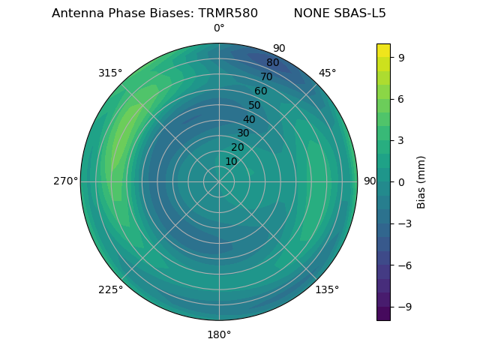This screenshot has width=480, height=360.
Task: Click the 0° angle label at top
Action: click(219, 28)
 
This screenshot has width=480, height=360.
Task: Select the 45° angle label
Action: click(327, 73)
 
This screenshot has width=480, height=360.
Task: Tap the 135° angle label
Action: click(327, 289)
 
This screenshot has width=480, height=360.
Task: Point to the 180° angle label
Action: click(219, 334)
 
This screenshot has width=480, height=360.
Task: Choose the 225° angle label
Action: click(110, 289)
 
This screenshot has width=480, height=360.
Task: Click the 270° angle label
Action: click(65, 181)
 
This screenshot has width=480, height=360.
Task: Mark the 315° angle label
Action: click(110, 73)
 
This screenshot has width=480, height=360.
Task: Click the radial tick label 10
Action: click(231, 161)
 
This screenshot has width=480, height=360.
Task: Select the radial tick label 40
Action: click(249, 119)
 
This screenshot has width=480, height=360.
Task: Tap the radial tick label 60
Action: click(261, 91)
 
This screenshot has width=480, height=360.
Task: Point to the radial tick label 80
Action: click(273, 63)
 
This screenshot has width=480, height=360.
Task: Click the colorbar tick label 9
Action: click(402, 57)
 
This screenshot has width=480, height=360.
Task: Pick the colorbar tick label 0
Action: click(402, 181)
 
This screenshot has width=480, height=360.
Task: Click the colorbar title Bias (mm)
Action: click(421, 181)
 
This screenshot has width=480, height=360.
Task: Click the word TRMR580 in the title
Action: click(228, 13)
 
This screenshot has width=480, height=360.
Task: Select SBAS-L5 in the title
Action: click(359, 13)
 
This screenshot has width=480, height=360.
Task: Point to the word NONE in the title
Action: click(310, 13)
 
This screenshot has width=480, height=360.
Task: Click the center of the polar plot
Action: click(219, 181)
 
